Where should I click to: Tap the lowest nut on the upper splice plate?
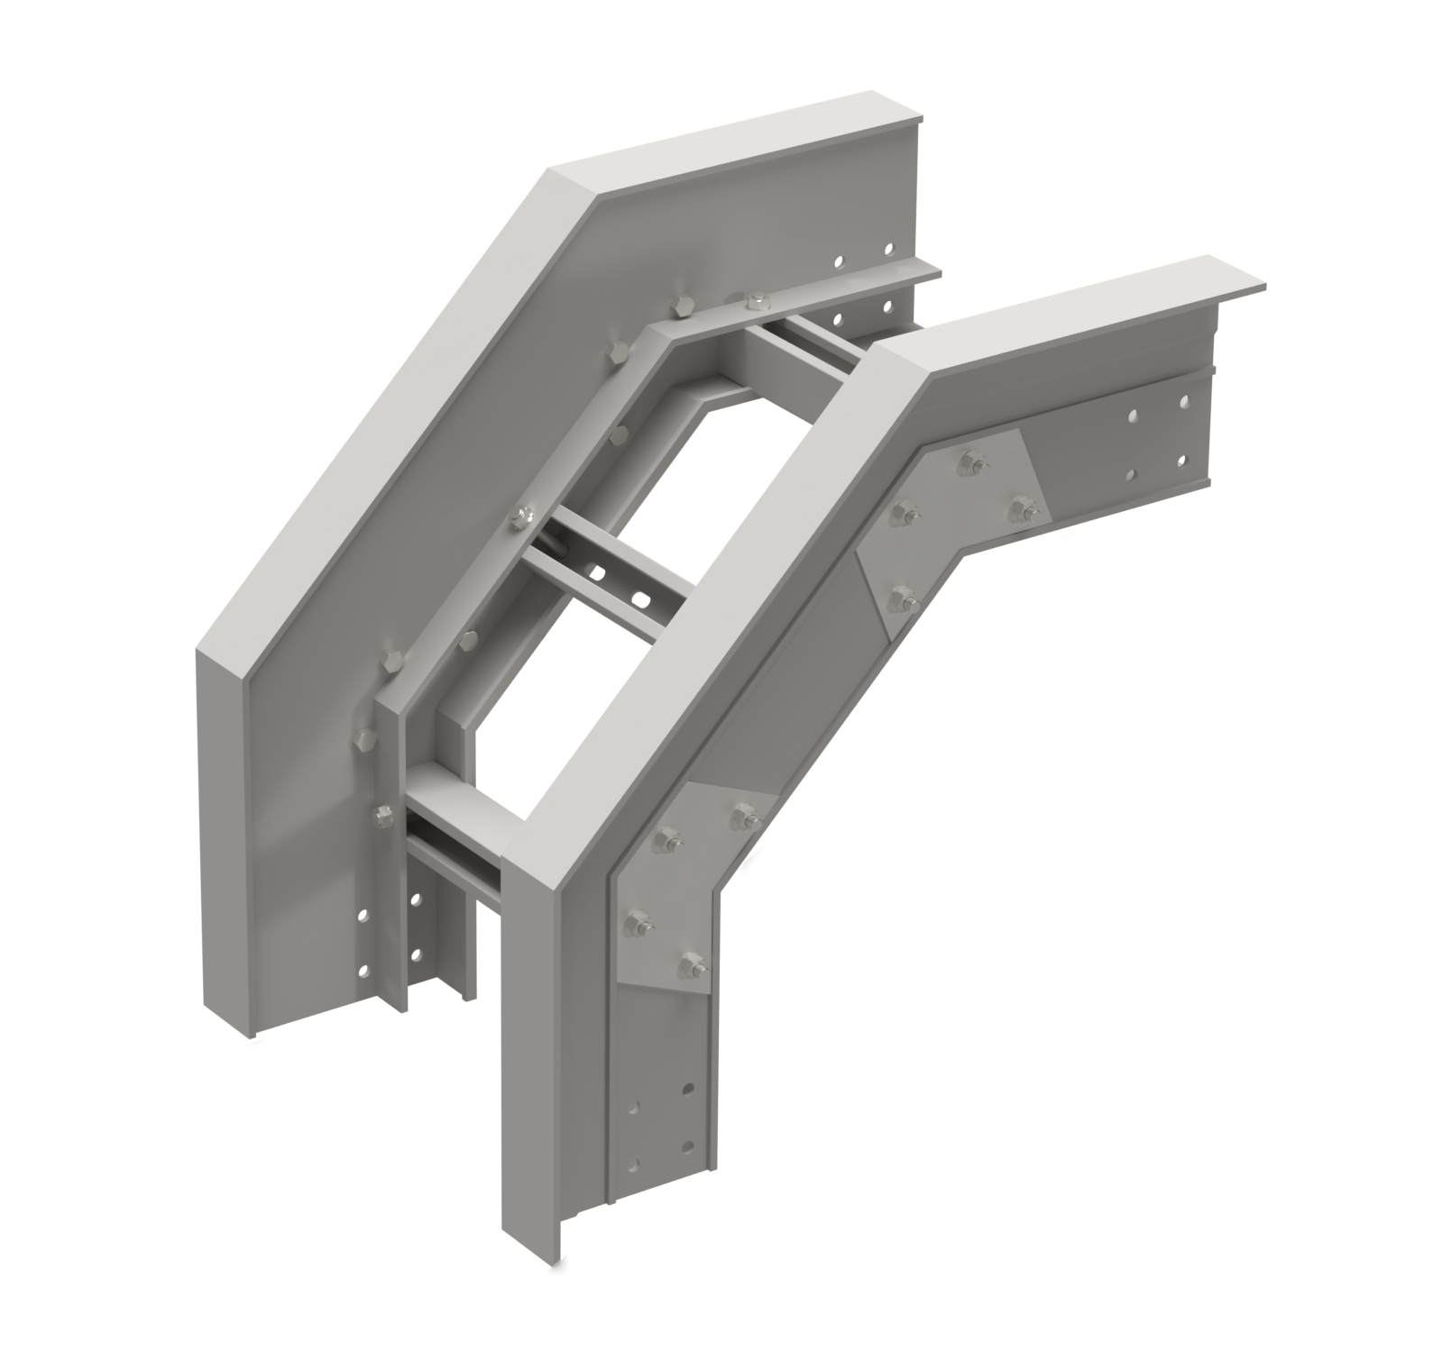[x=898, y=596]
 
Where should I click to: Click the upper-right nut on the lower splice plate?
[x=743, y=817]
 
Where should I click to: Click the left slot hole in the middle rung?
[x=596, y=570]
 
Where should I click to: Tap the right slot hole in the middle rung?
[x=639, y=598]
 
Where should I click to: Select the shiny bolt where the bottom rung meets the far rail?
[x=382, y=816]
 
